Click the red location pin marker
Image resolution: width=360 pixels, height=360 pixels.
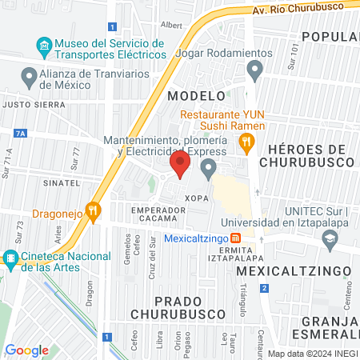[180, 166]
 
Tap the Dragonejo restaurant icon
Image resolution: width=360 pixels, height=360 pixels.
[95, 211]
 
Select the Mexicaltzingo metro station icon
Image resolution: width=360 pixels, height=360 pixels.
[235, 238]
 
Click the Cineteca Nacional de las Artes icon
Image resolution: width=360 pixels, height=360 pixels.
[10, 258]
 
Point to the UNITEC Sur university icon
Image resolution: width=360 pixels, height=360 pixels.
[330, 238]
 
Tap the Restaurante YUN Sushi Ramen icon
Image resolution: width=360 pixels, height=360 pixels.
[246, 143]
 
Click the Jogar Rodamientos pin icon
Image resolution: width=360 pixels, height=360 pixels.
[255, 72]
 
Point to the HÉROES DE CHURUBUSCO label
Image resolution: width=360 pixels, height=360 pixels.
[307, 156]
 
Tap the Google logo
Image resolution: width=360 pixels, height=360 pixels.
[26, 350]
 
